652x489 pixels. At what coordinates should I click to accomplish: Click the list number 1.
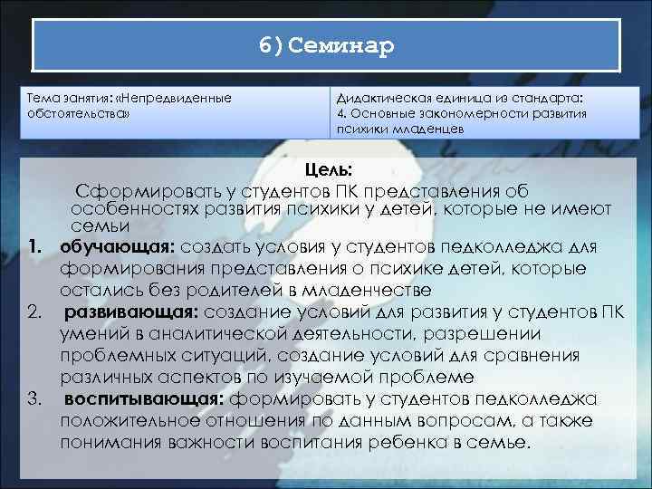37,246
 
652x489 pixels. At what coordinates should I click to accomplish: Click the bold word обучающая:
118,246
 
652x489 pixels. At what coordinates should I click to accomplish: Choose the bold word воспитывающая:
145,398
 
